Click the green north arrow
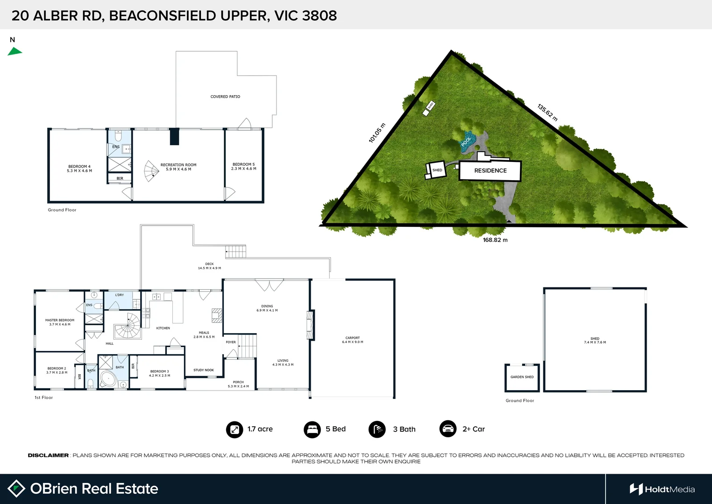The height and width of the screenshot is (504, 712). (x=14, y=51)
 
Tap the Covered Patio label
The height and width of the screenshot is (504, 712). (x=225, y=97)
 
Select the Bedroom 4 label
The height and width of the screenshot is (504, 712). (x=79, y=168)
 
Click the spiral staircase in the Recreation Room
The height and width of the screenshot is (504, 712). (x=151, y=171)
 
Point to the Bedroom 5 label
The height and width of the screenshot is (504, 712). (x=243, y=166)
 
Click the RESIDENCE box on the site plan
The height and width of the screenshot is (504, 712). (x=490, y=171)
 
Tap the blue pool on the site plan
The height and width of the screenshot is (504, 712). (x=467, y=140)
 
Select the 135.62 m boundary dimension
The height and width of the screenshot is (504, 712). (x=547, y=112)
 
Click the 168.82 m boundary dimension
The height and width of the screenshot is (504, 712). (x=495, y=240)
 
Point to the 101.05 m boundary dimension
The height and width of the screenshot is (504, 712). (x=377, y=133)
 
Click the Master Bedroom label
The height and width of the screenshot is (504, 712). (x=60, y=322)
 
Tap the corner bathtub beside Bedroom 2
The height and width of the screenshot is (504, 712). (x=108, y=379)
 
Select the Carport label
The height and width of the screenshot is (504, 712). (x=352, y=340)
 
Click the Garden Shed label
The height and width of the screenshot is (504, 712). (x=522, y=377)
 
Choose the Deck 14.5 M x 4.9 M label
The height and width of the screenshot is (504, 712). (x=209, y=266)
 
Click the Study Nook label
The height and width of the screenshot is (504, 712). (x=204, y=370)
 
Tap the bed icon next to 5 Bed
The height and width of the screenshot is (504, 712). (x=312, y=429)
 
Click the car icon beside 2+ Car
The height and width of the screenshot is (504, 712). (x=448, y=429)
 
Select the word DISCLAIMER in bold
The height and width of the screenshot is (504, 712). (x=48, y=455)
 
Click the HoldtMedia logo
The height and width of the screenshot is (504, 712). (x=662, y=489)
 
